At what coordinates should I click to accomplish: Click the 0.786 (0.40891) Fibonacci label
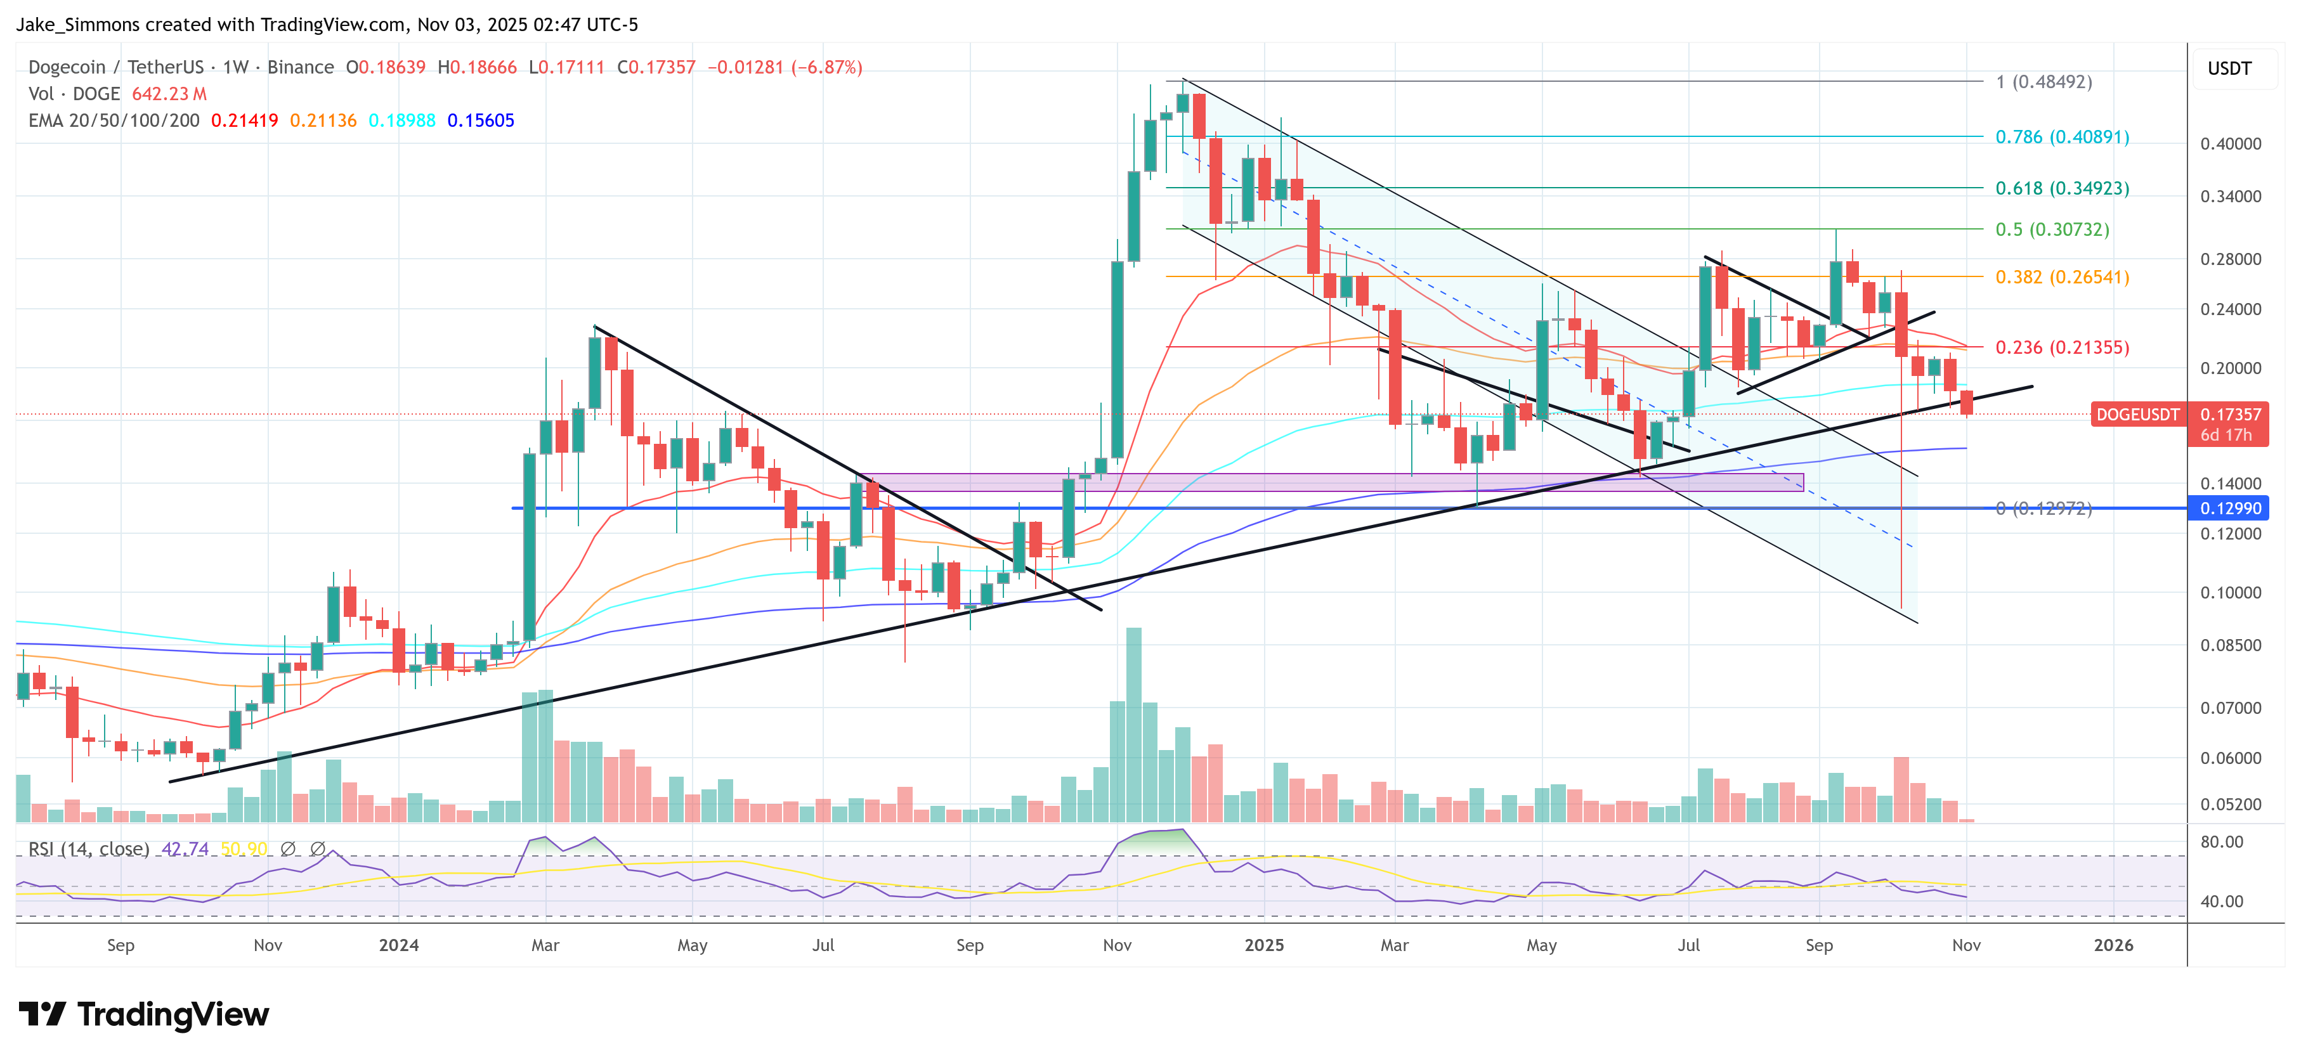[x=2062, y=137]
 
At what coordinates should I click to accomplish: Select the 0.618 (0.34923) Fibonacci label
[x=2062, y=188]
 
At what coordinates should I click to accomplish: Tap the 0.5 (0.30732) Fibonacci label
[x=2052, y=230]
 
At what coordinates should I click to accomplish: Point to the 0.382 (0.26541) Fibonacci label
[x=2062, y=277]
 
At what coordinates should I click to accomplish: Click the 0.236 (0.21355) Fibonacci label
[x=2062, y=347]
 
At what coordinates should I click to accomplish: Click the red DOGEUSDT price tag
[x=2137, y=415]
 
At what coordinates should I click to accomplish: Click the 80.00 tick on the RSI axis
[x=2222, y=841]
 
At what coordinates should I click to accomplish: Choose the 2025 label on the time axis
[x=1264, y=945]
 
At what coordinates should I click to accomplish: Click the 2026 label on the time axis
[x=2113, y=945]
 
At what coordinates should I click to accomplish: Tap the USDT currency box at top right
[x=2229, y=68]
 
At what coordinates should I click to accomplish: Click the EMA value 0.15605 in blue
[x=481, y=120]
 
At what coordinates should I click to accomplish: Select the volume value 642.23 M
[x=169, y=94]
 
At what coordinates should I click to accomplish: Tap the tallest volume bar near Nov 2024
[x=1133, y=723]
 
